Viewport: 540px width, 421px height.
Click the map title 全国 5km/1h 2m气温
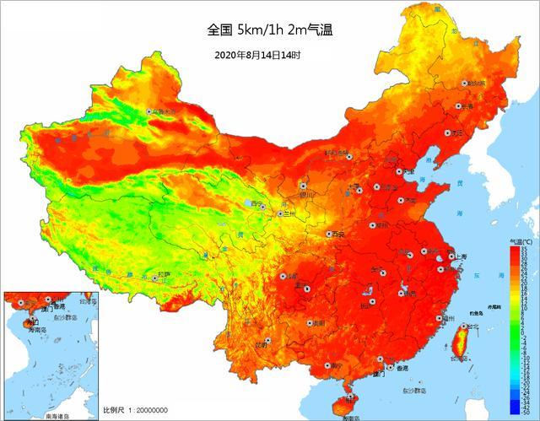point(270,30)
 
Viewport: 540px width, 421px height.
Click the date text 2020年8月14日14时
point(257,55)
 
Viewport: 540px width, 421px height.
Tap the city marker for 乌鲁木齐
point(150,111)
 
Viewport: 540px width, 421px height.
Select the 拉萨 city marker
point(154,276)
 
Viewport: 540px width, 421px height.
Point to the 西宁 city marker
point(262,206)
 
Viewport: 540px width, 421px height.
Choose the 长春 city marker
point(460,107)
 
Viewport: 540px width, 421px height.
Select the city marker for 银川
point(303,186)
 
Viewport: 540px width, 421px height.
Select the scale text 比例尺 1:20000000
point(135,410)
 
